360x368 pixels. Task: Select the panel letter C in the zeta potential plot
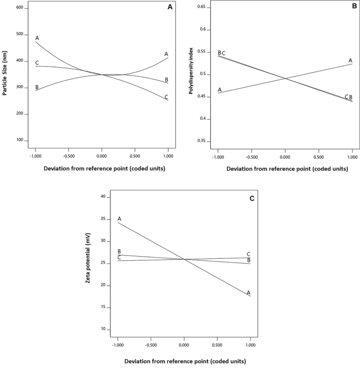pos(251,198)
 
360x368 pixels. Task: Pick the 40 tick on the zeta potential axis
pos(104,197)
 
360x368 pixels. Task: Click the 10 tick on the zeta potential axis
pos(104,329)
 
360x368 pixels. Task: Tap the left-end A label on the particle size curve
pos(37,38)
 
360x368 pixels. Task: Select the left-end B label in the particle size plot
pos(37,87)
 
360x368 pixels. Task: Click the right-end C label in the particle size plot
pos(167,97)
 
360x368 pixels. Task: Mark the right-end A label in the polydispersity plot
pos(350,60)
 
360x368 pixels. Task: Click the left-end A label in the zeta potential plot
pos(119,218)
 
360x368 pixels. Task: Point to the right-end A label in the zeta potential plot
pos(249,292)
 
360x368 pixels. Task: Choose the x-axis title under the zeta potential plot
pos(184,361)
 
